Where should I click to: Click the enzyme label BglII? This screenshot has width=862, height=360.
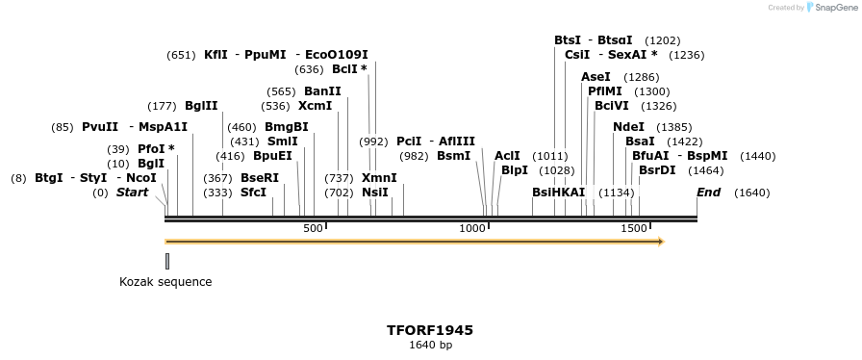coord(201,106)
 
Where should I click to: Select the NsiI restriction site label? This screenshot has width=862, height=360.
coord(375,193)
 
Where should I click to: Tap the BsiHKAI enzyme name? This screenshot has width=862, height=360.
coord(558,193)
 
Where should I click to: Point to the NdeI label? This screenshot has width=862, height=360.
coord(628,127)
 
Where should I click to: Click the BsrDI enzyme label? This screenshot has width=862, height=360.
coord(657,170)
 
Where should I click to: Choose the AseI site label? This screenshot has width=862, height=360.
coord(596,77)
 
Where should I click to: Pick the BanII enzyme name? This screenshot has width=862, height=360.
coord(322,91)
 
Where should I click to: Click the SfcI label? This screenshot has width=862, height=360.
coord(253,193)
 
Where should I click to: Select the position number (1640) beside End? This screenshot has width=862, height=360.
coord(751,193)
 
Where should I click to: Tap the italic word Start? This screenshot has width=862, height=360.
coord(133,193)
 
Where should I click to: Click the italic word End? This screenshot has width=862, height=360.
coord(708,193)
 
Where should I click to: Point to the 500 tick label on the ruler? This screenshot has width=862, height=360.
coord(313,228)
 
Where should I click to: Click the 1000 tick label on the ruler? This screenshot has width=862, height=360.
coord(472,228)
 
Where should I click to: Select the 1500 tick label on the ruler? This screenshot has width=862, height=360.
coord(633,228)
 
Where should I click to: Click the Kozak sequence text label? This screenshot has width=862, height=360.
coord(165,282)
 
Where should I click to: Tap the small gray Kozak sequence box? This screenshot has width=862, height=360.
coord(167,260)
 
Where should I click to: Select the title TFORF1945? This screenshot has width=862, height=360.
coord(430,330)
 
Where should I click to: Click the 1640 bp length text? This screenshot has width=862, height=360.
coord(430,345)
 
